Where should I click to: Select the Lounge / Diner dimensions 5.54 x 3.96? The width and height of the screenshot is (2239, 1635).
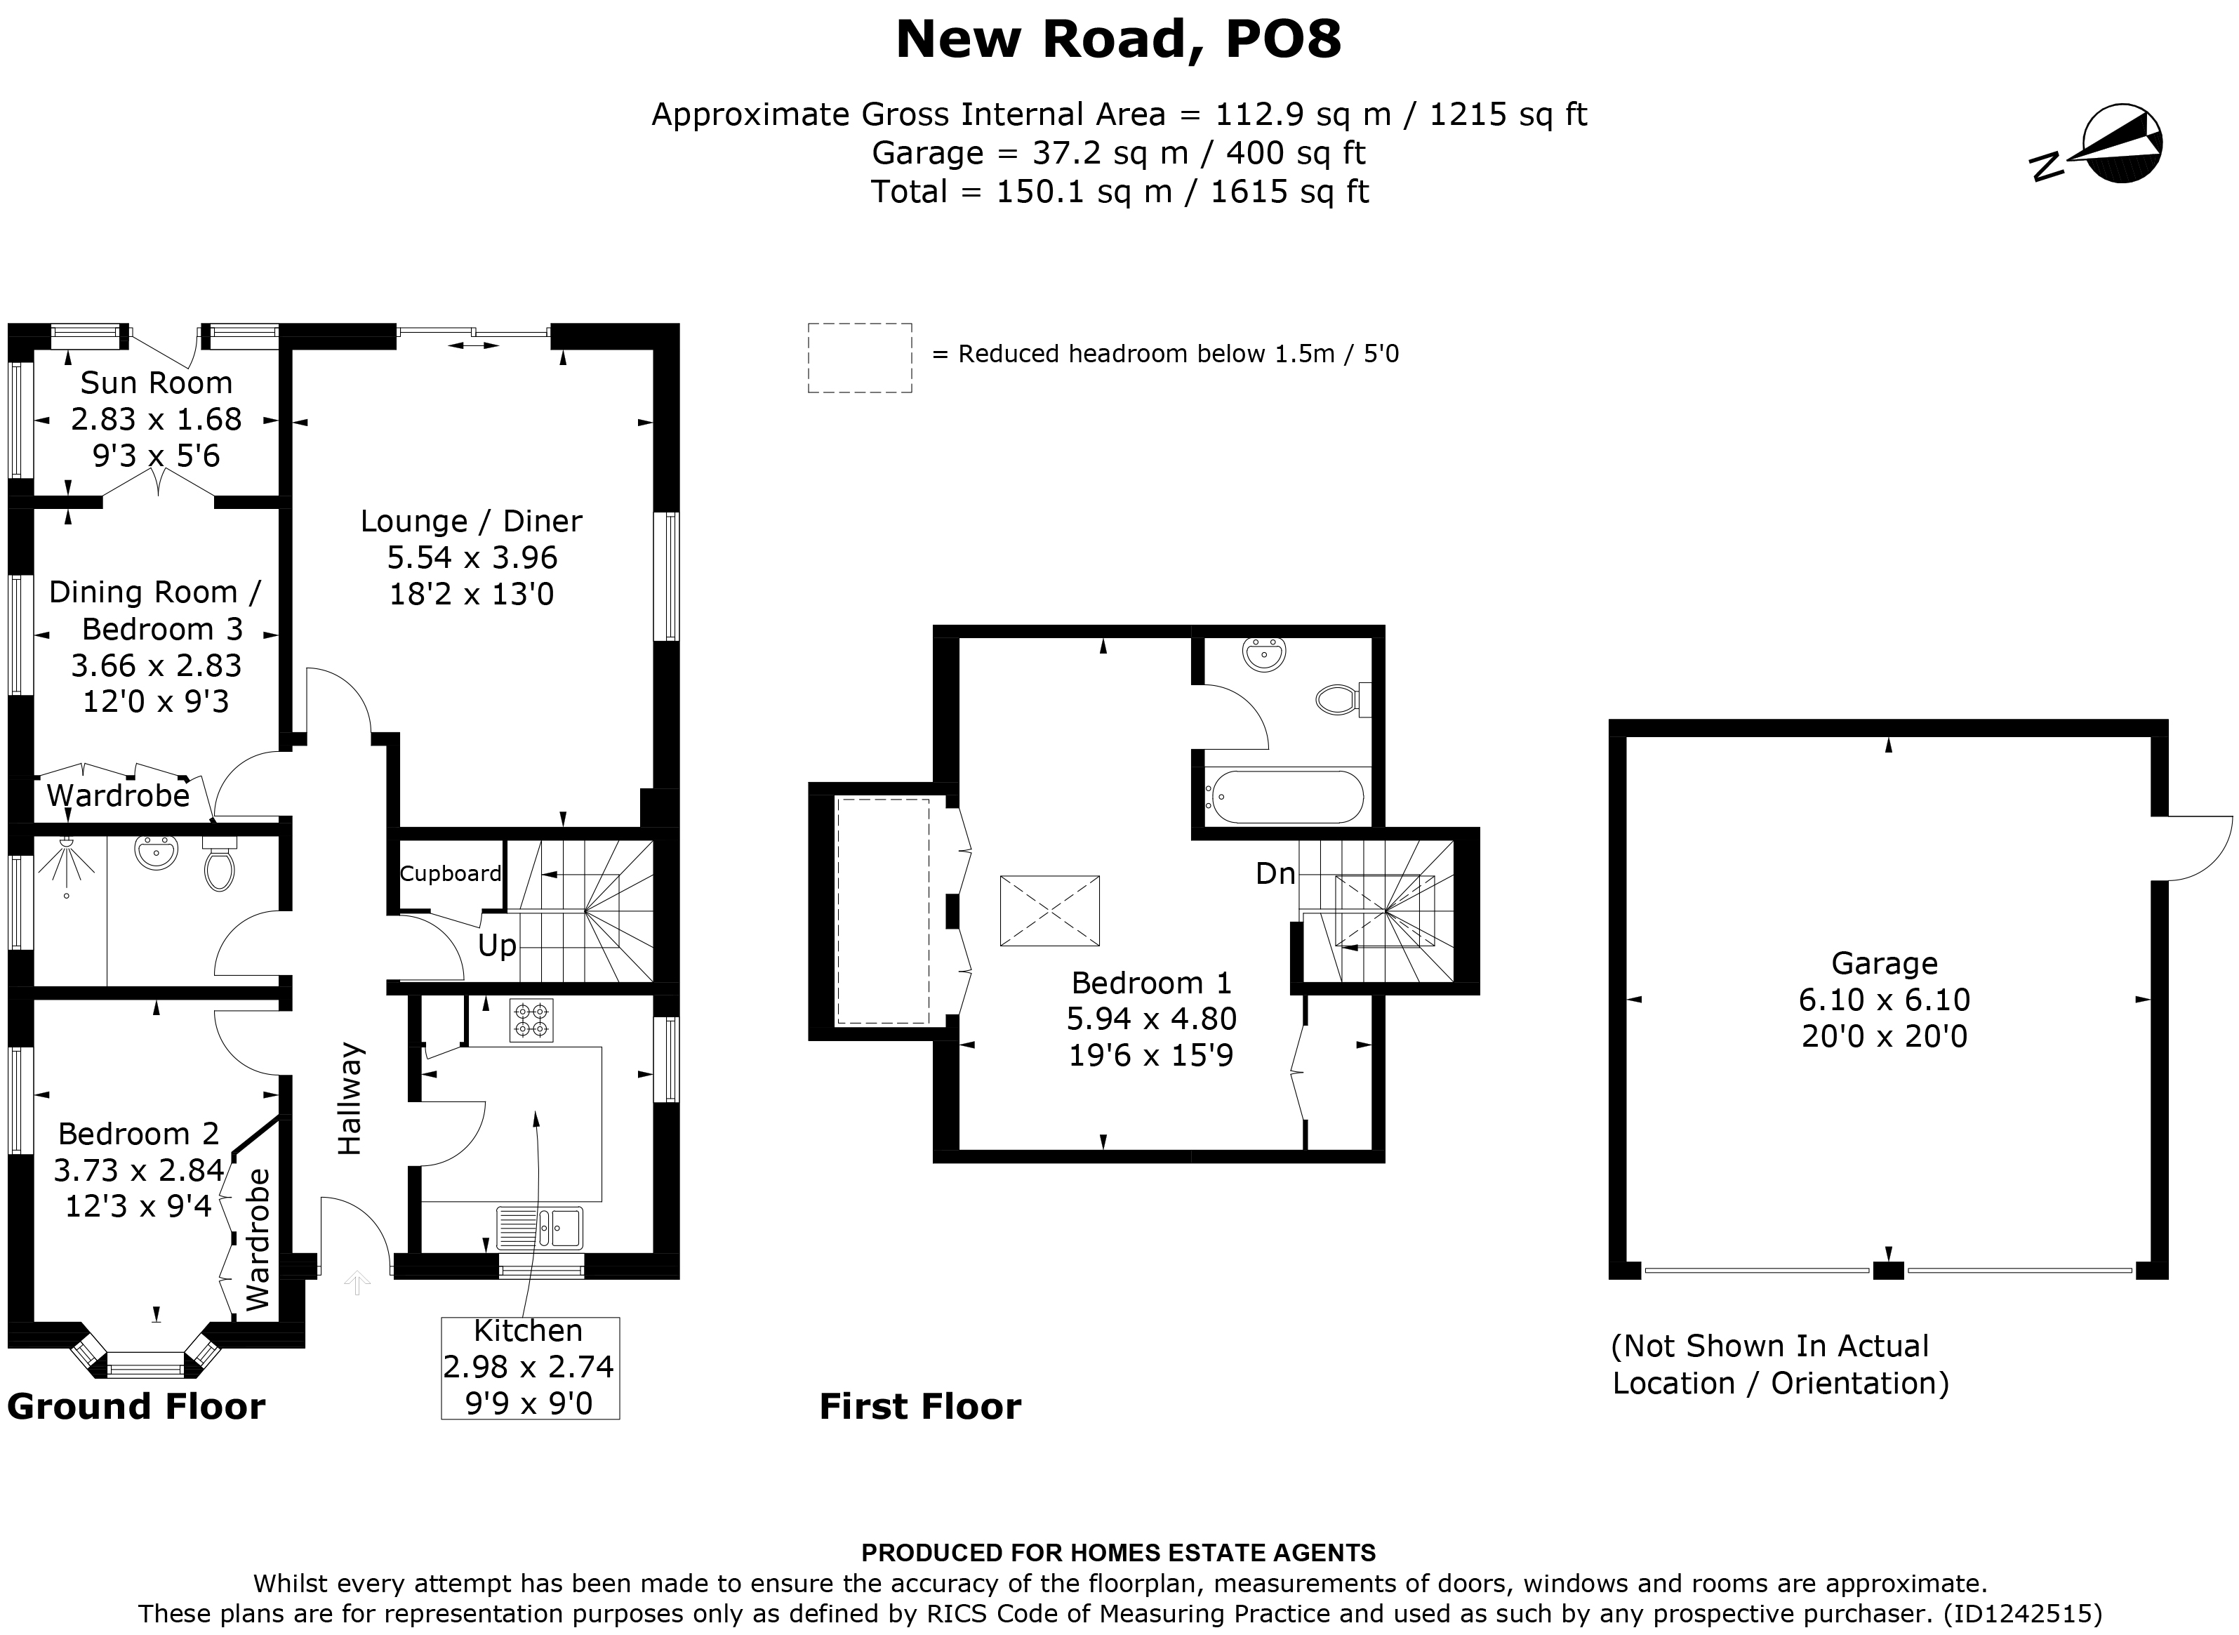click(x=472, y=558)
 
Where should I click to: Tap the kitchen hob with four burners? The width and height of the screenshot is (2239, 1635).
click(x=531, y=1021)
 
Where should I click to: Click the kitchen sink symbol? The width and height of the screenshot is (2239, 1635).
click(x=540, y=1229)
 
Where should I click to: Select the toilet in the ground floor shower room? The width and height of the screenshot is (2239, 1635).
click(x=219, y=866)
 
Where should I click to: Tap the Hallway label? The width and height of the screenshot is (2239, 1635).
click(x=350, y=1099)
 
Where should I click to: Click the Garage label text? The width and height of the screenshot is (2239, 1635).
click(x=1884, y=963)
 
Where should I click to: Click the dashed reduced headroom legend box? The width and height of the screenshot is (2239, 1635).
click(x=859, y=358)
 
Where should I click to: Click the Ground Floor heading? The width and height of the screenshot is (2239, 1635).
click(x=137, y=1406)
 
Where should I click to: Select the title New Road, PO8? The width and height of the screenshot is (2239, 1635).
click(x=1118, y=39)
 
